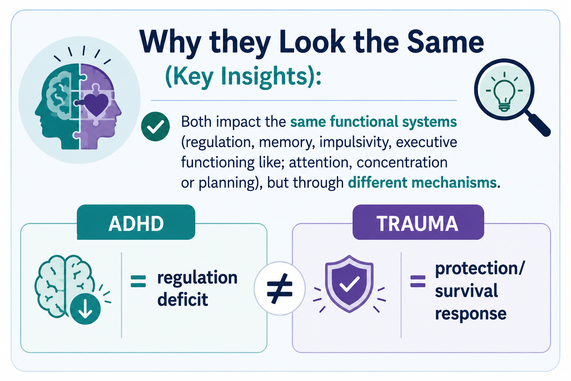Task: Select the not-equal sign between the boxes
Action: coord(280,289)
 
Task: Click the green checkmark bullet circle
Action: coord(155,127)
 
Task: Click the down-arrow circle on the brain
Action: coord(85,309)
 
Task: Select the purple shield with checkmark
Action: coord(349,284)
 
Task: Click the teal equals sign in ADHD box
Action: coord(138,281)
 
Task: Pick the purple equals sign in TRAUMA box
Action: coord(418,281)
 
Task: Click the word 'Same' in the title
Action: coord(445,42)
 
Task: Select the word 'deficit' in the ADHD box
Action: coord(183,300)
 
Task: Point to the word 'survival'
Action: coord(466,291)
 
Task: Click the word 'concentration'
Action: coord(402,162)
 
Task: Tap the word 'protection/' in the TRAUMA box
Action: coord(480,269)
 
